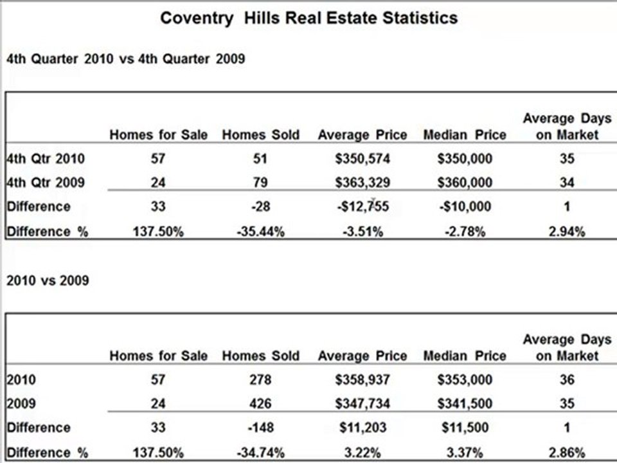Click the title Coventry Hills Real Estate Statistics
pyautogui.click(x=309, y=18)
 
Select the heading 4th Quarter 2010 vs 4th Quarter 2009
pyautogui.click(x=126, y=59)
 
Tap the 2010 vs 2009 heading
pyautogui.click(x=48, y=281)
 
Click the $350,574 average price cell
pyautogui.click(x=362, y=159)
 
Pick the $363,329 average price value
pyautogui.click(x=362, y=183)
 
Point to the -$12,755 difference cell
pyautogui.click(x=362, y=206)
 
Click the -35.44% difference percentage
pyautogui.click(x=260, y=232)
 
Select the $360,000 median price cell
pyautogui.click(x=465, y=183)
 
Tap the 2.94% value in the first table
pyautogui.click(x=567, y=232)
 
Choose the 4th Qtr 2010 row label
pyautogui.click(x=46, y=159)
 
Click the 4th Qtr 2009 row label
pyautogui.click(x=46, y=183)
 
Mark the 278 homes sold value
pyautogui.click(x=260, y=379)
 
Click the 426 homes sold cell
pyautogui.click(x=260, y=404)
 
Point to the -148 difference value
pyautogui.click(x=260, y=428)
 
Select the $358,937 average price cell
pyautogui.click(x=362, y=379)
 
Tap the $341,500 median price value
pyautogui.click(x=465, y=404)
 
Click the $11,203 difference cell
pyautogui.click(x=362, y=428)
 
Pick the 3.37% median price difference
pyautogui.click(x=465, y=453)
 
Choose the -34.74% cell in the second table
pyautogui.click(x=260, y=453)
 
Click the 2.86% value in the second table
pyautogui.click(x=567, y=453)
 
